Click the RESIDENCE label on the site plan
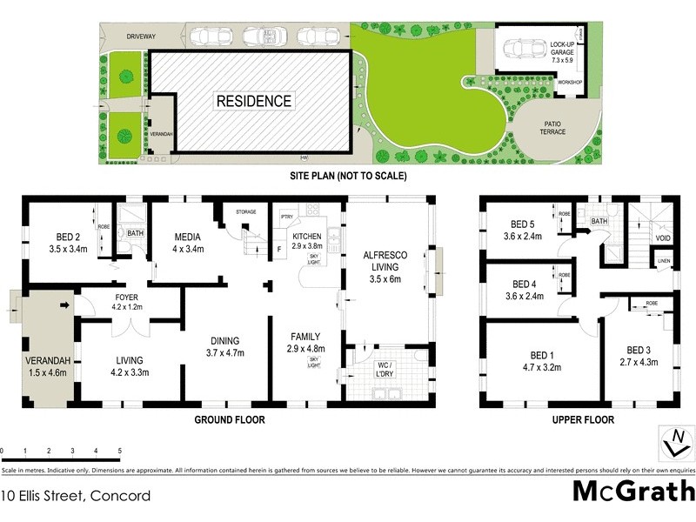pos(253,101)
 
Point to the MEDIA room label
pos(188,241)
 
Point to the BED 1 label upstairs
pos(540,361)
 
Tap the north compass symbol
pos(671,444)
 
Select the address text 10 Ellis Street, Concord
pos(76,496)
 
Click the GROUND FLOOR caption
pos(229,419)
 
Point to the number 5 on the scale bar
pos(119,451)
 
